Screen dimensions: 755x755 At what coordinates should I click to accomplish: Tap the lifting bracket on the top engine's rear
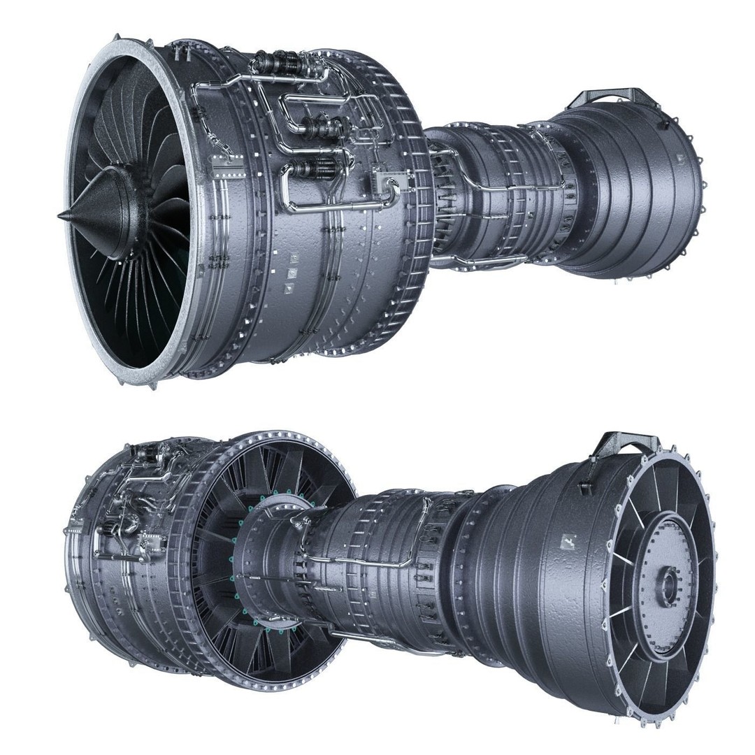(x=614, y=97)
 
